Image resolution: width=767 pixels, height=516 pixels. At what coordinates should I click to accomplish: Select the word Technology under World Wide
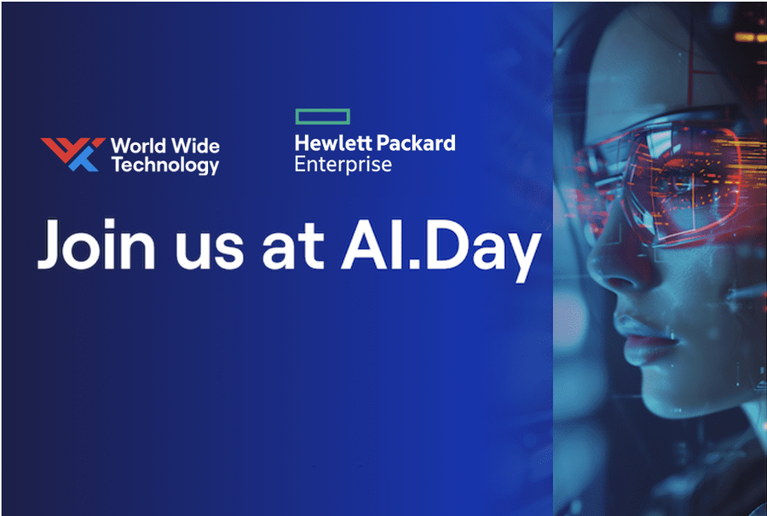(x=164, y=165)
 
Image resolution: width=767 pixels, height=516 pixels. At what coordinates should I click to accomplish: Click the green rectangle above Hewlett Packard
(x=322, y=116)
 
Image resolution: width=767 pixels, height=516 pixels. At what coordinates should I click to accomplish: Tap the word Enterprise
(x=343, y=164)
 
